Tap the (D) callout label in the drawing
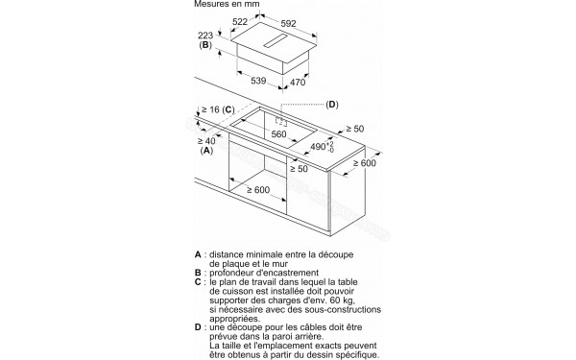click(x=332, y=104)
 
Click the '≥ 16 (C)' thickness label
click(x=215, y=110)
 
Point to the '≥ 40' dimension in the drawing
click(x=205, y=141)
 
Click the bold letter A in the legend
click(x=198, y=255)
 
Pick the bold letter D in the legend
click(x=198, y=326)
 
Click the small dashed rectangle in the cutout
click(x=282, y=122)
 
